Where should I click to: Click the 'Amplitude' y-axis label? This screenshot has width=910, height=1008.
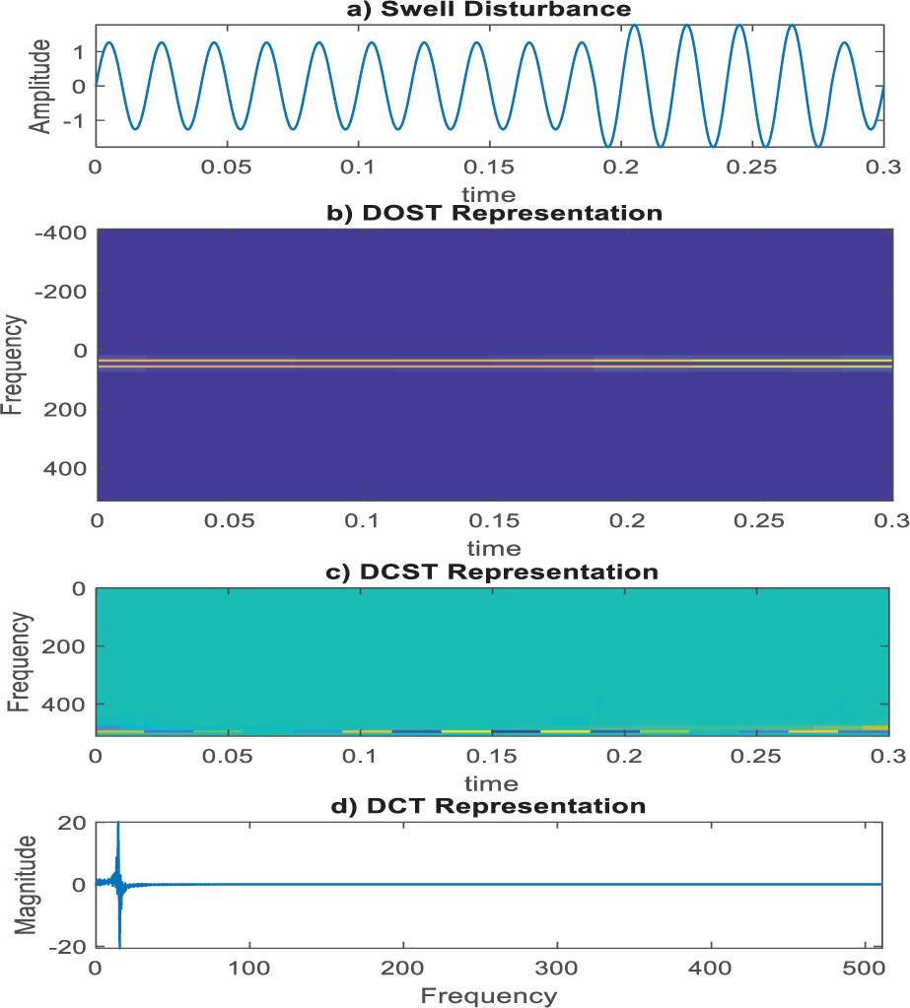click(39, 86)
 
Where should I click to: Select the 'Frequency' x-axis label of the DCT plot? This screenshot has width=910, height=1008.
click(488, 995)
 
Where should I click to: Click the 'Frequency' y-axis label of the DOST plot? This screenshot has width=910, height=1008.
click(14, 365)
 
